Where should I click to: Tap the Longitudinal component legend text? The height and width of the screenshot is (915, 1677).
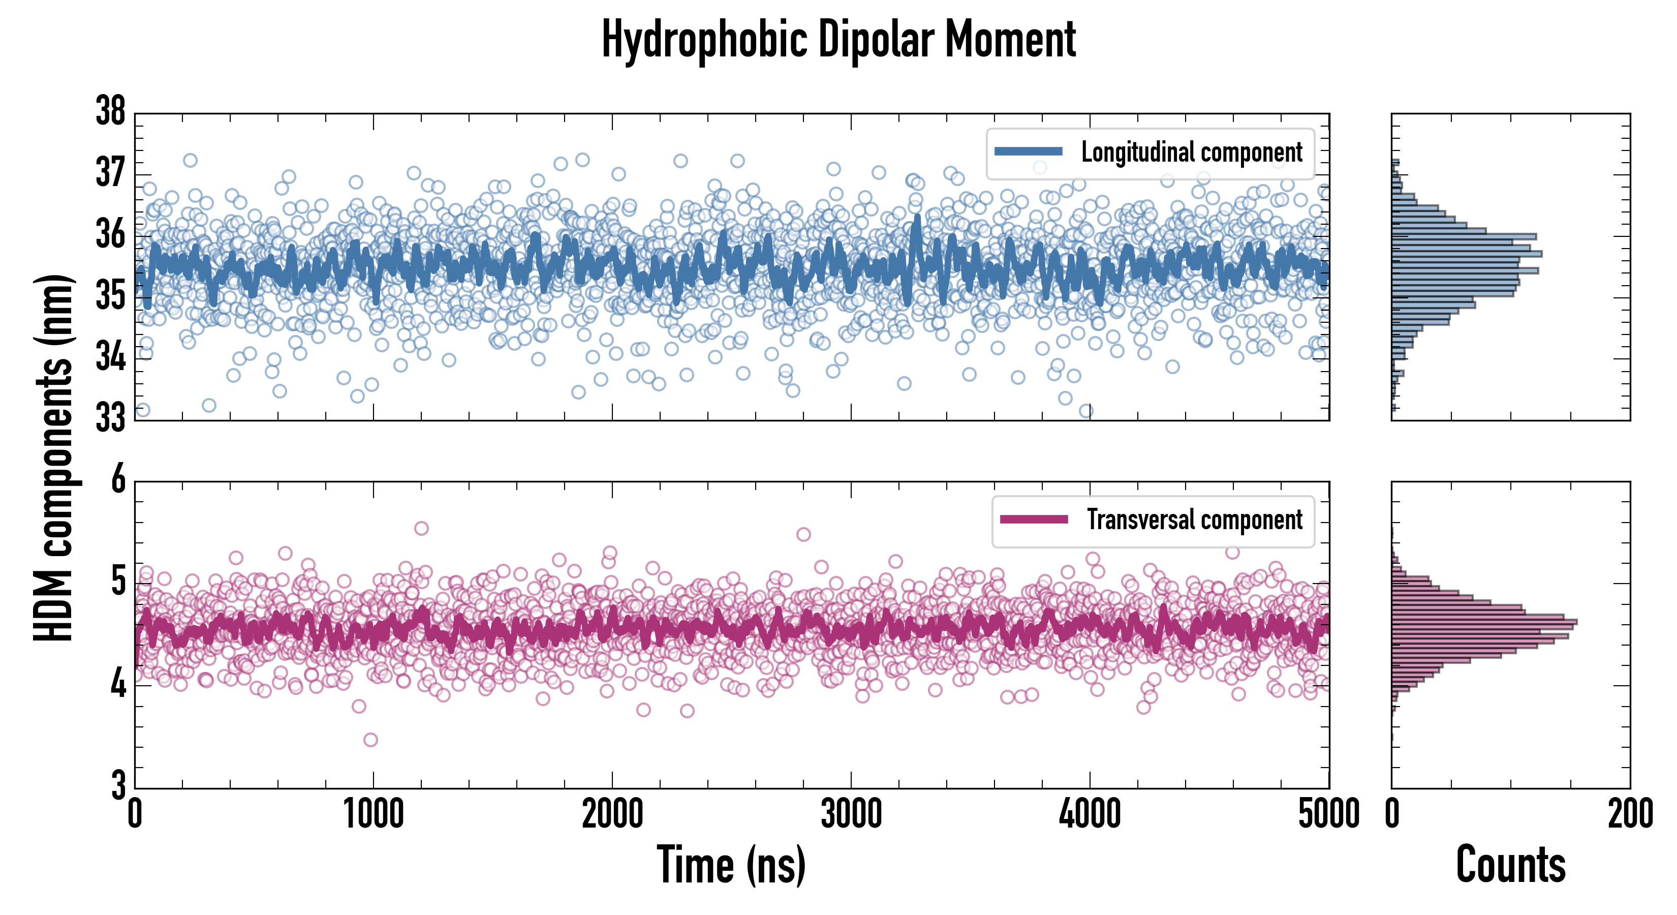1191,152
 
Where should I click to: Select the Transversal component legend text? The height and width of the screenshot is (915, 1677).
1195,520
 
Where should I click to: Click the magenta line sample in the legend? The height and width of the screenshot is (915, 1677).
1034,519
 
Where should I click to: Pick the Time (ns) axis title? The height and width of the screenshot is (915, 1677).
731,865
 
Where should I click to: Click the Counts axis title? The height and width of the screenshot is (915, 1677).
1510,865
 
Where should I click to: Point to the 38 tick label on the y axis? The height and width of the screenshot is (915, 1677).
111,111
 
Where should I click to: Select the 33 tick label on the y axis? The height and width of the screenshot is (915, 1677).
111,417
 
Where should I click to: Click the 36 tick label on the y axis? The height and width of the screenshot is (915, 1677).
111,234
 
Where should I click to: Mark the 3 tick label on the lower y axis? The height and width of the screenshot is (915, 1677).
118,785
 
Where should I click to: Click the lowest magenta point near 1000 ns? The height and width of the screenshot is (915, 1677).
370,740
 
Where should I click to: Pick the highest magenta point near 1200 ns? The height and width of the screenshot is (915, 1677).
421,528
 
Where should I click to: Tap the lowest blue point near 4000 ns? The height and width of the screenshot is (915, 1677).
1086,411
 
